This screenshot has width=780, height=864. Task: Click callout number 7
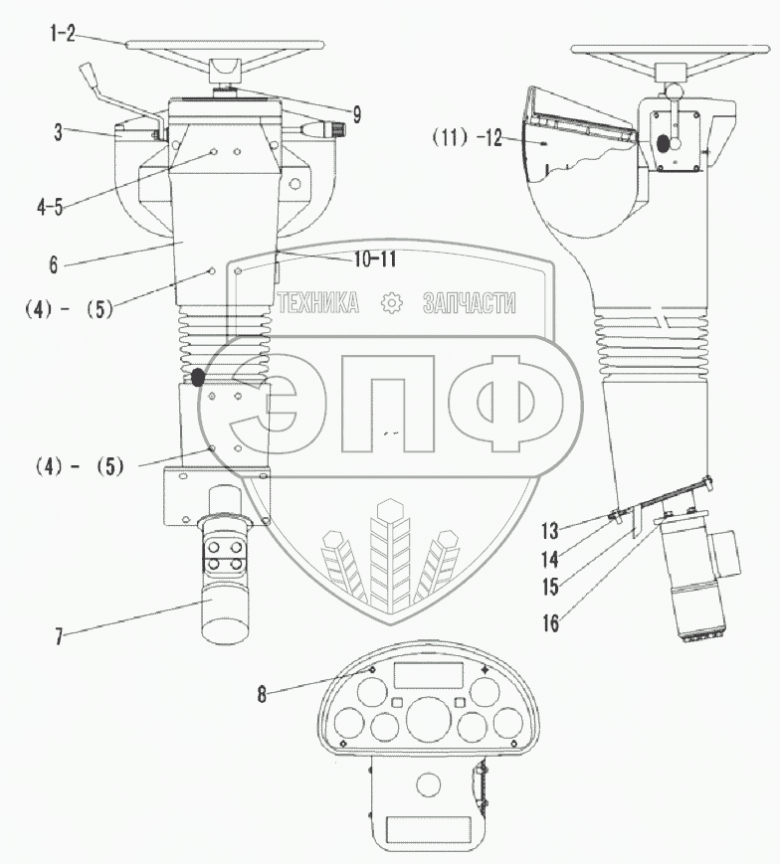[x=59, y=634]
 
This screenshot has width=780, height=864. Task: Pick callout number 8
[x=262, y=695]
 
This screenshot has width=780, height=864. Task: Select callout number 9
[x=354, y=114]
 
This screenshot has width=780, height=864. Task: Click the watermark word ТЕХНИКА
[x=318, y=303]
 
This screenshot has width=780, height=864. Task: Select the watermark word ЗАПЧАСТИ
[x=469, y=303]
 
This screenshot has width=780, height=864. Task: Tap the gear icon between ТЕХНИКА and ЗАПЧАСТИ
[x=392, y=303]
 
